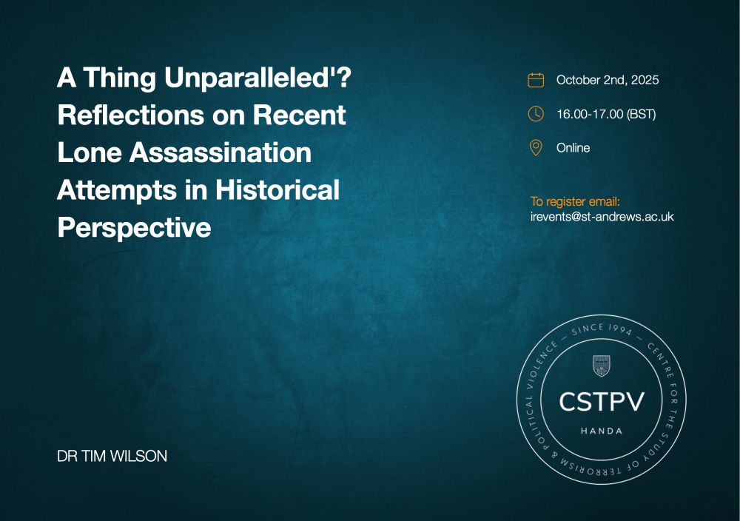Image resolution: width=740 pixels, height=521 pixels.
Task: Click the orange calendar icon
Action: point(536,80)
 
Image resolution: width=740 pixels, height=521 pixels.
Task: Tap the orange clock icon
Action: point(536,114)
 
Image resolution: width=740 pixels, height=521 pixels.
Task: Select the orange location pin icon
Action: point(536,148)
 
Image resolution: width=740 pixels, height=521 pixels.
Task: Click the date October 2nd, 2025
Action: point(608,80)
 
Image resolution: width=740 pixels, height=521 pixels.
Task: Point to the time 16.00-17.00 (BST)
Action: point(607,114)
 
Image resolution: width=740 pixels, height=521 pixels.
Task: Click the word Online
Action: point(573,148)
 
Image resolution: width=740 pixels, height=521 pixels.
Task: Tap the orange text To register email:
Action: point(575,201)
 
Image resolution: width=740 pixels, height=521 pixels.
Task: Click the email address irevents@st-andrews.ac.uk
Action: point(602,217)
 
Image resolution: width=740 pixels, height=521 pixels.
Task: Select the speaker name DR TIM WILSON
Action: point(112,456)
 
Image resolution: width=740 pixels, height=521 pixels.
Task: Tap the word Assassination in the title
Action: point(221,152)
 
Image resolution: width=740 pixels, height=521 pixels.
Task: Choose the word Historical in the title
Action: point(277,189)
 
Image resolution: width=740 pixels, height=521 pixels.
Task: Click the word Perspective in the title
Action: point(134,227)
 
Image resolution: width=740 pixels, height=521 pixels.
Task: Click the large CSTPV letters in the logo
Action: point(601,402)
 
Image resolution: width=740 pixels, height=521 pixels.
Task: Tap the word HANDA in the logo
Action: point(601,431)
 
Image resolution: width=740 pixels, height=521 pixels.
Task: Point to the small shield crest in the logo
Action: point(601,366)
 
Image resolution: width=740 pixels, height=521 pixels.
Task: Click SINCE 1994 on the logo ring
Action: point(601,329)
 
